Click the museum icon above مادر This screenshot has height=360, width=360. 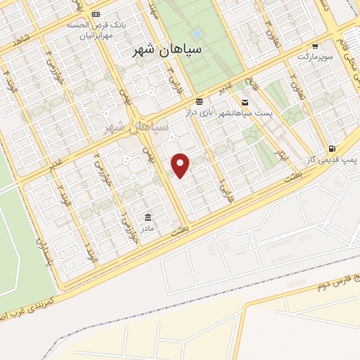148,217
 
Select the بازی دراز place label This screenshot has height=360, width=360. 198,112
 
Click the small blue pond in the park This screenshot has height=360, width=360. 196,32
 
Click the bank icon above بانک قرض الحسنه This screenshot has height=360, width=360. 96,14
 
